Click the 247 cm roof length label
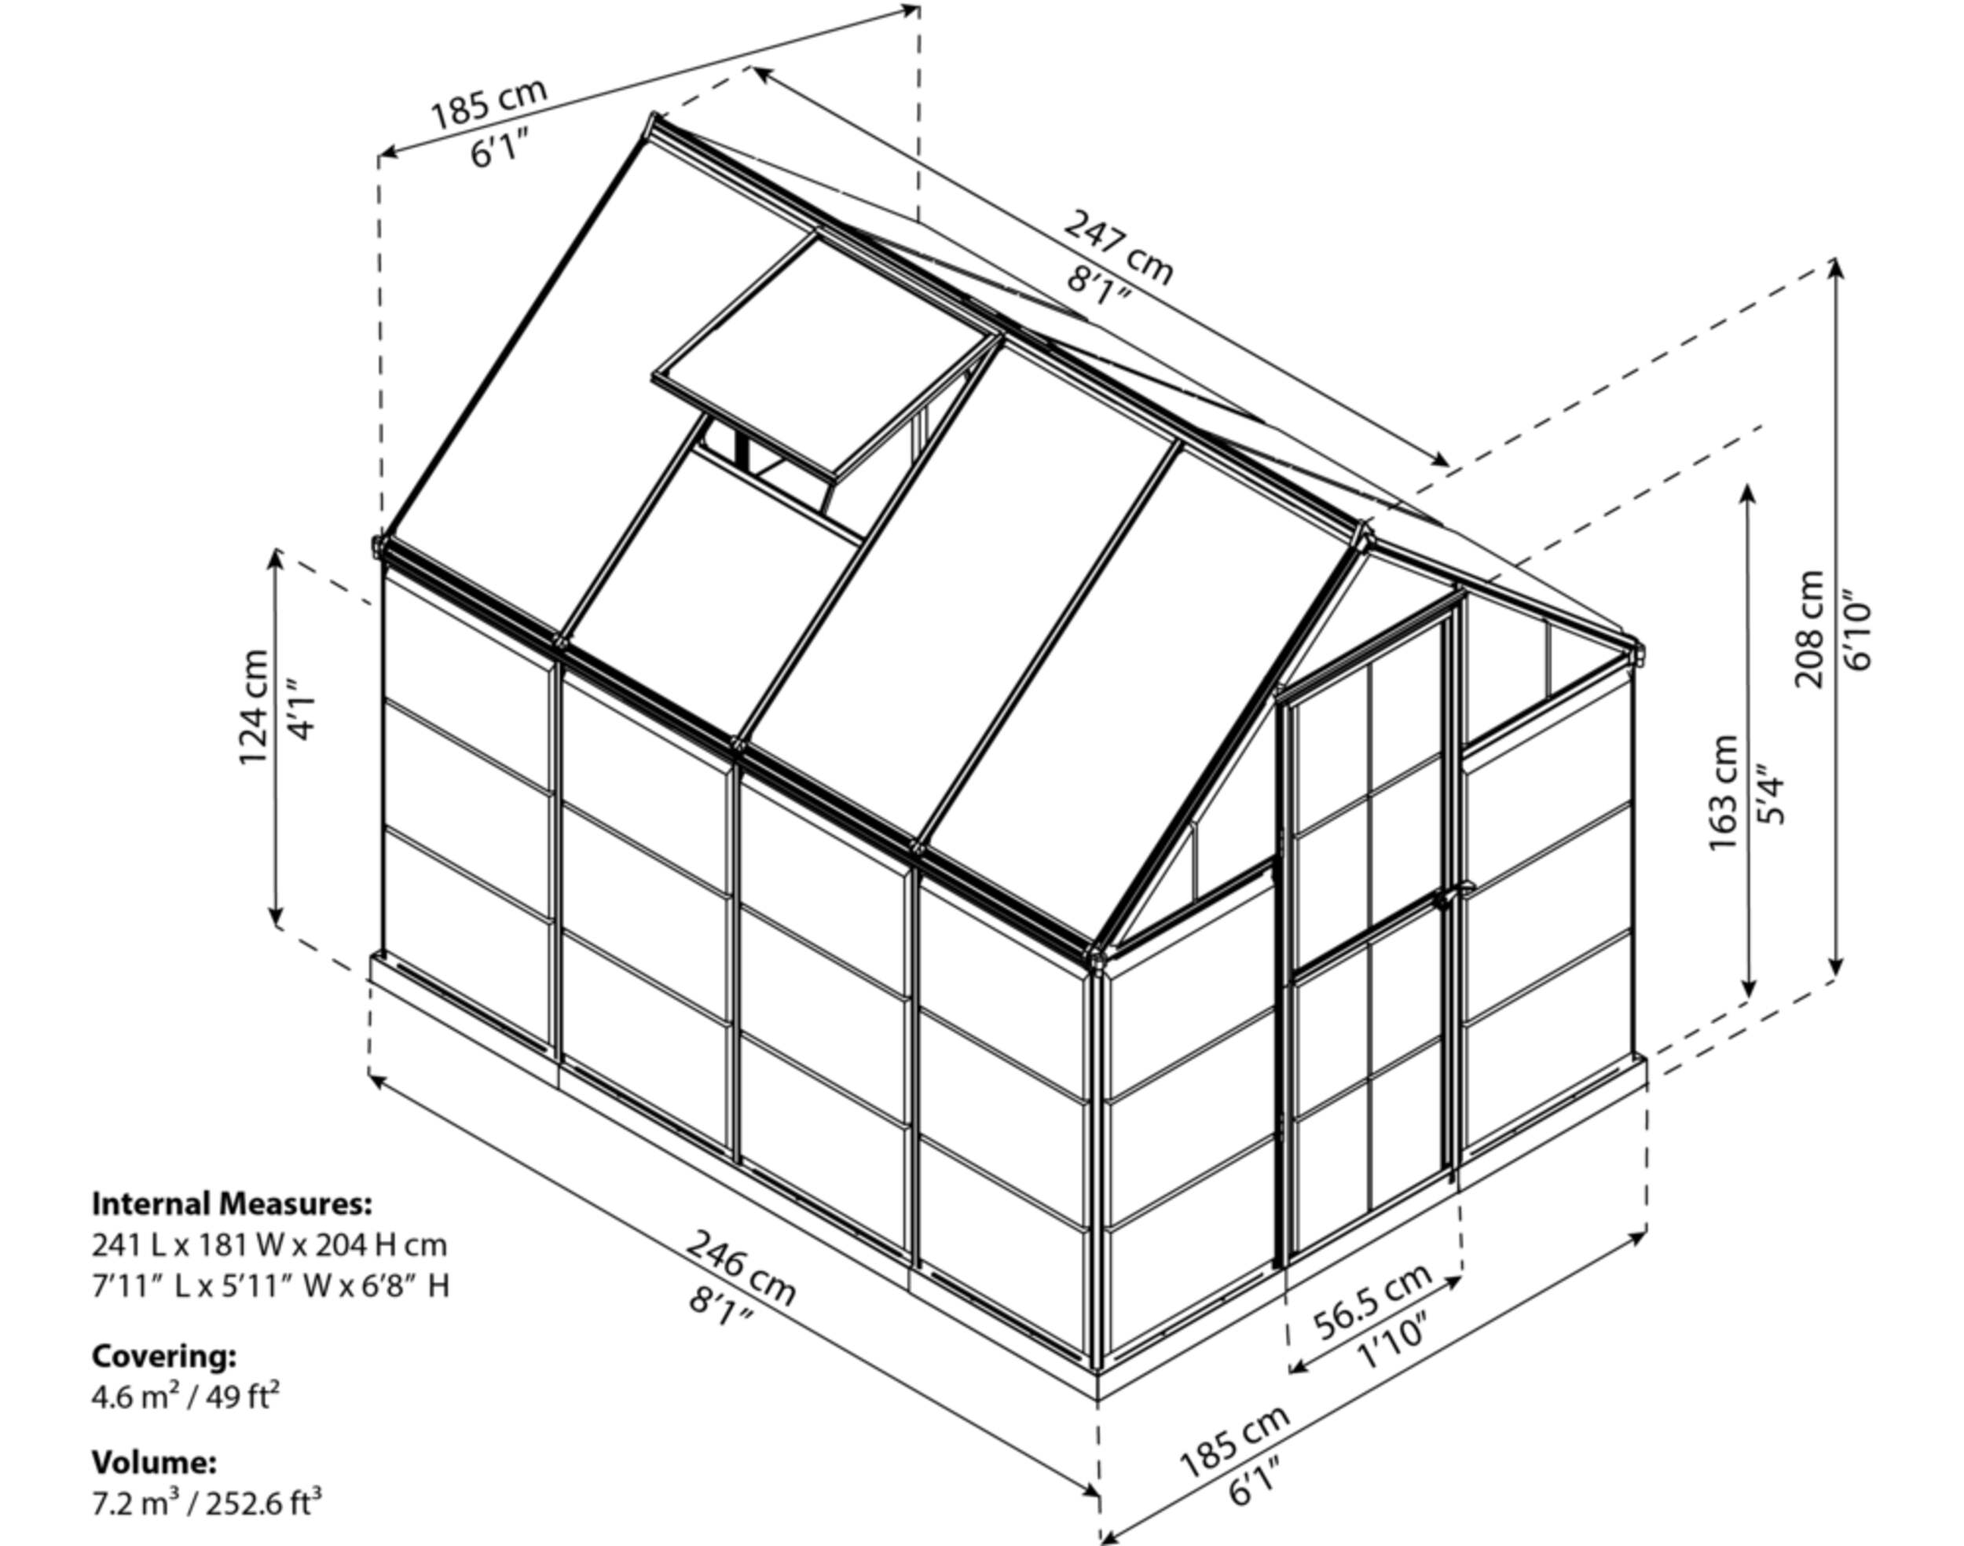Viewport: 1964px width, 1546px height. [x=1119, y=246]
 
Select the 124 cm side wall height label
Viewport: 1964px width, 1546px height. [x=255, y=707]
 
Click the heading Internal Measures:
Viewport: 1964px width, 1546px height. [x=232, y=1203]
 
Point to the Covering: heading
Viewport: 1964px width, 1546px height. [x=164, y=1357]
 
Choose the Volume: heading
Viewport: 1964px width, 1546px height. [x=154, y=1462]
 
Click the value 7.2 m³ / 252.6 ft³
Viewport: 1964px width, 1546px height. [x=207, y=1504]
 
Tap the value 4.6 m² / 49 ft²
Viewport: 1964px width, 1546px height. [x=185, y=1397]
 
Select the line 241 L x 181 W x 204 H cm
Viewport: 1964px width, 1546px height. [x=269, y=1244]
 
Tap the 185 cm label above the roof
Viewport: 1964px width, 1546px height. [x=489, y=104]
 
